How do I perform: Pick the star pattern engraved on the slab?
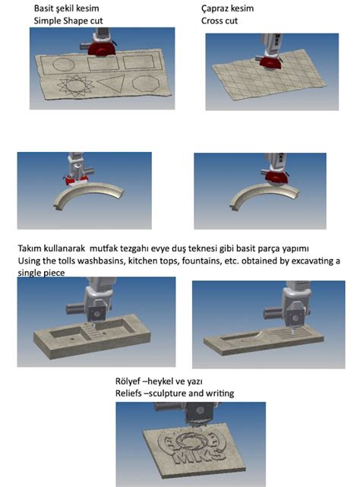pos(75,85)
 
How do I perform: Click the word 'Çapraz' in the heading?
pos(215,8)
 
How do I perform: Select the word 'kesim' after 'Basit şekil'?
pos(87,8)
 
